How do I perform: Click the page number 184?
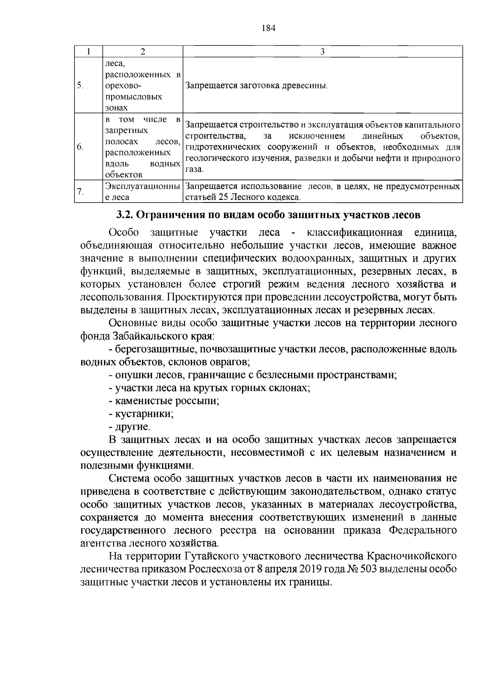click(x=269, y=28)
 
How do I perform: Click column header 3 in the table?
click(x=322, y=52)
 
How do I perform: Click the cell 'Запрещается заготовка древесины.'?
click(x=256, y=85)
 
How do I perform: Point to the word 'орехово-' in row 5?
click(x=123, y=85)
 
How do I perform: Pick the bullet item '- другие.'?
click(x=130, y=427)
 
